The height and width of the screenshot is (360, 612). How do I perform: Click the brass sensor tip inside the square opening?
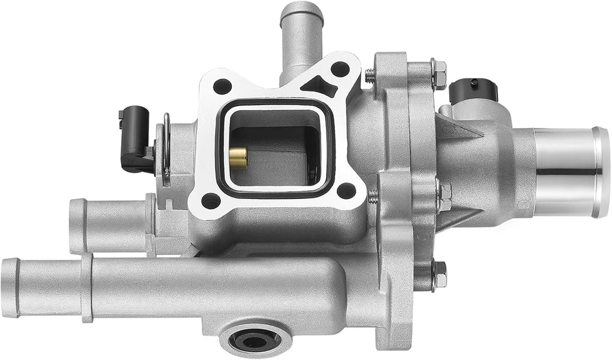click(238, 157)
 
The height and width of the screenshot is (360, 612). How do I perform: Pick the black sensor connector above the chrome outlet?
click(474, 91)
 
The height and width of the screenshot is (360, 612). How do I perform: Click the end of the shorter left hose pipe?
click(77, 225)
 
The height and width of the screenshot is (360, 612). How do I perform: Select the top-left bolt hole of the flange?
click(222, 86)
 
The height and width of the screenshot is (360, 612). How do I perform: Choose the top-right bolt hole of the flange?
click(339, 69)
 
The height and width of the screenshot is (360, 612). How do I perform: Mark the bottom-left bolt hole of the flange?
click(211, 200)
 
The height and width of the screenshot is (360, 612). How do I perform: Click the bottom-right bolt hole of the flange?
click(346, 190)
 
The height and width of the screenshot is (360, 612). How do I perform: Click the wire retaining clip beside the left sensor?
click(166, 148)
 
